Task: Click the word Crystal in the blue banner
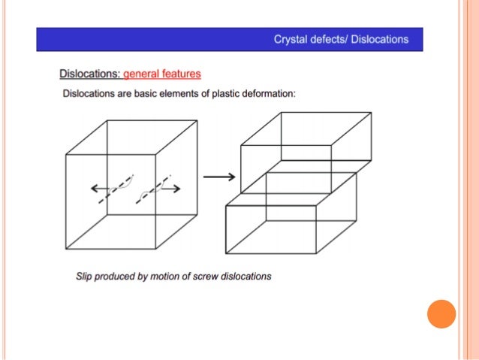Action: click(290, 39)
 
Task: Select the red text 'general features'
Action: click(162, 74)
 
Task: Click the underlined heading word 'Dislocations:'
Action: click(90, 74)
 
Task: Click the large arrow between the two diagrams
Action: click(219, 177)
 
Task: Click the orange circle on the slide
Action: click(441, 314)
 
